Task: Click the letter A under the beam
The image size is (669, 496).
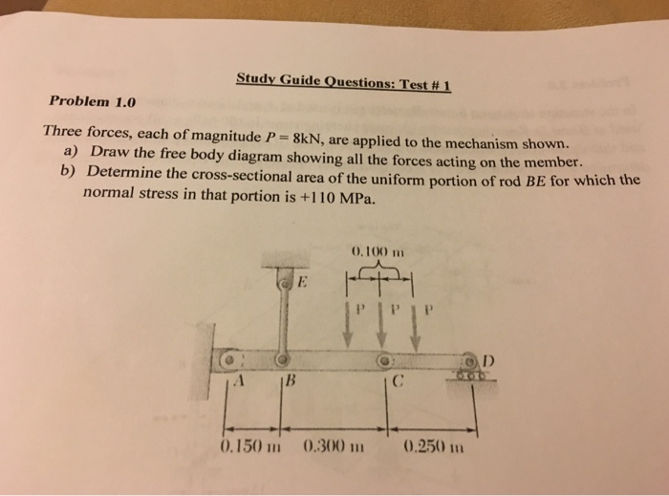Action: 244,384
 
